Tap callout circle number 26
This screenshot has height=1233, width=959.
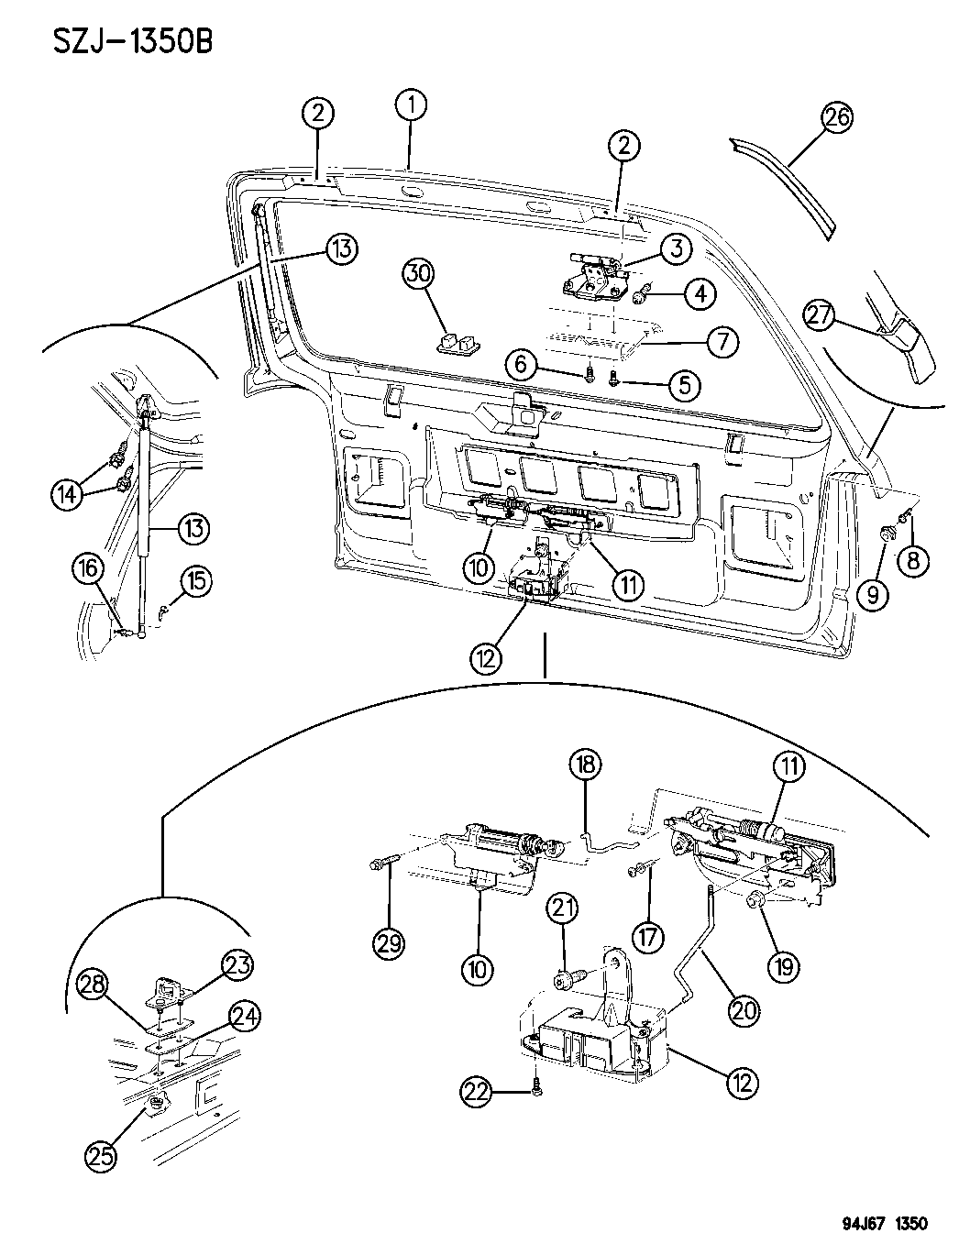pyautogui.click(x=837, y=117)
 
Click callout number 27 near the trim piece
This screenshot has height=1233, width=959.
pyautogui.click(x=821, y=314)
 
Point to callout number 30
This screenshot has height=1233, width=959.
pyautogui.click(x=419, y=273)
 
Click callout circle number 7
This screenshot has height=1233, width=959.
pyautogui.click(x=722, y=343)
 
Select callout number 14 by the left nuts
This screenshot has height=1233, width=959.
pyautogui.click(x=64, y=494)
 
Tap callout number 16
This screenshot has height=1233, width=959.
pyautogui.click(x=89, y=569)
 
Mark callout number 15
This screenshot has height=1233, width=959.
pyautogui.click(x=196, y=579)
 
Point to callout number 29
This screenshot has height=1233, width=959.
pyautogui.click(x=390, y=943)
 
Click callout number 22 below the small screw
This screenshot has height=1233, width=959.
pyautogui.click(x=477, y=1091)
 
